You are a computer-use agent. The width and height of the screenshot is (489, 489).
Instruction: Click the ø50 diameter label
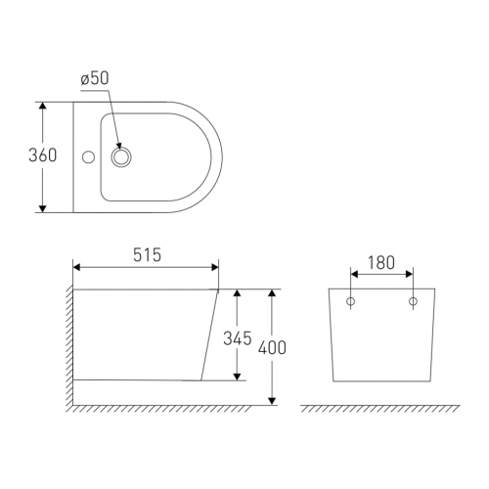95,78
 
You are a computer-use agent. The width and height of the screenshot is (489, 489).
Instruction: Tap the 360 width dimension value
42,156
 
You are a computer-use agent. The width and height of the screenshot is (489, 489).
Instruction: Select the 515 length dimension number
147,255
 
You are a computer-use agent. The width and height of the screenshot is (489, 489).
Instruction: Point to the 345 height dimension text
238,338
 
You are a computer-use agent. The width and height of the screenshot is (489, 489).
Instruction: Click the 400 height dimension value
272,347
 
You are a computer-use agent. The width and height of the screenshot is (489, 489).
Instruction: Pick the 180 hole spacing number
381,262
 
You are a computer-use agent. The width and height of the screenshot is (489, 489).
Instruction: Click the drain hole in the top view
121,157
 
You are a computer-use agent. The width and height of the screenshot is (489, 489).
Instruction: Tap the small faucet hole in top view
88,157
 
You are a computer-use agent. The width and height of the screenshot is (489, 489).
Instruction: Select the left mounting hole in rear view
350,301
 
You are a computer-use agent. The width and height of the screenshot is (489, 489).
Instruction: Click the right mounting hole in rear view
413,301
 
